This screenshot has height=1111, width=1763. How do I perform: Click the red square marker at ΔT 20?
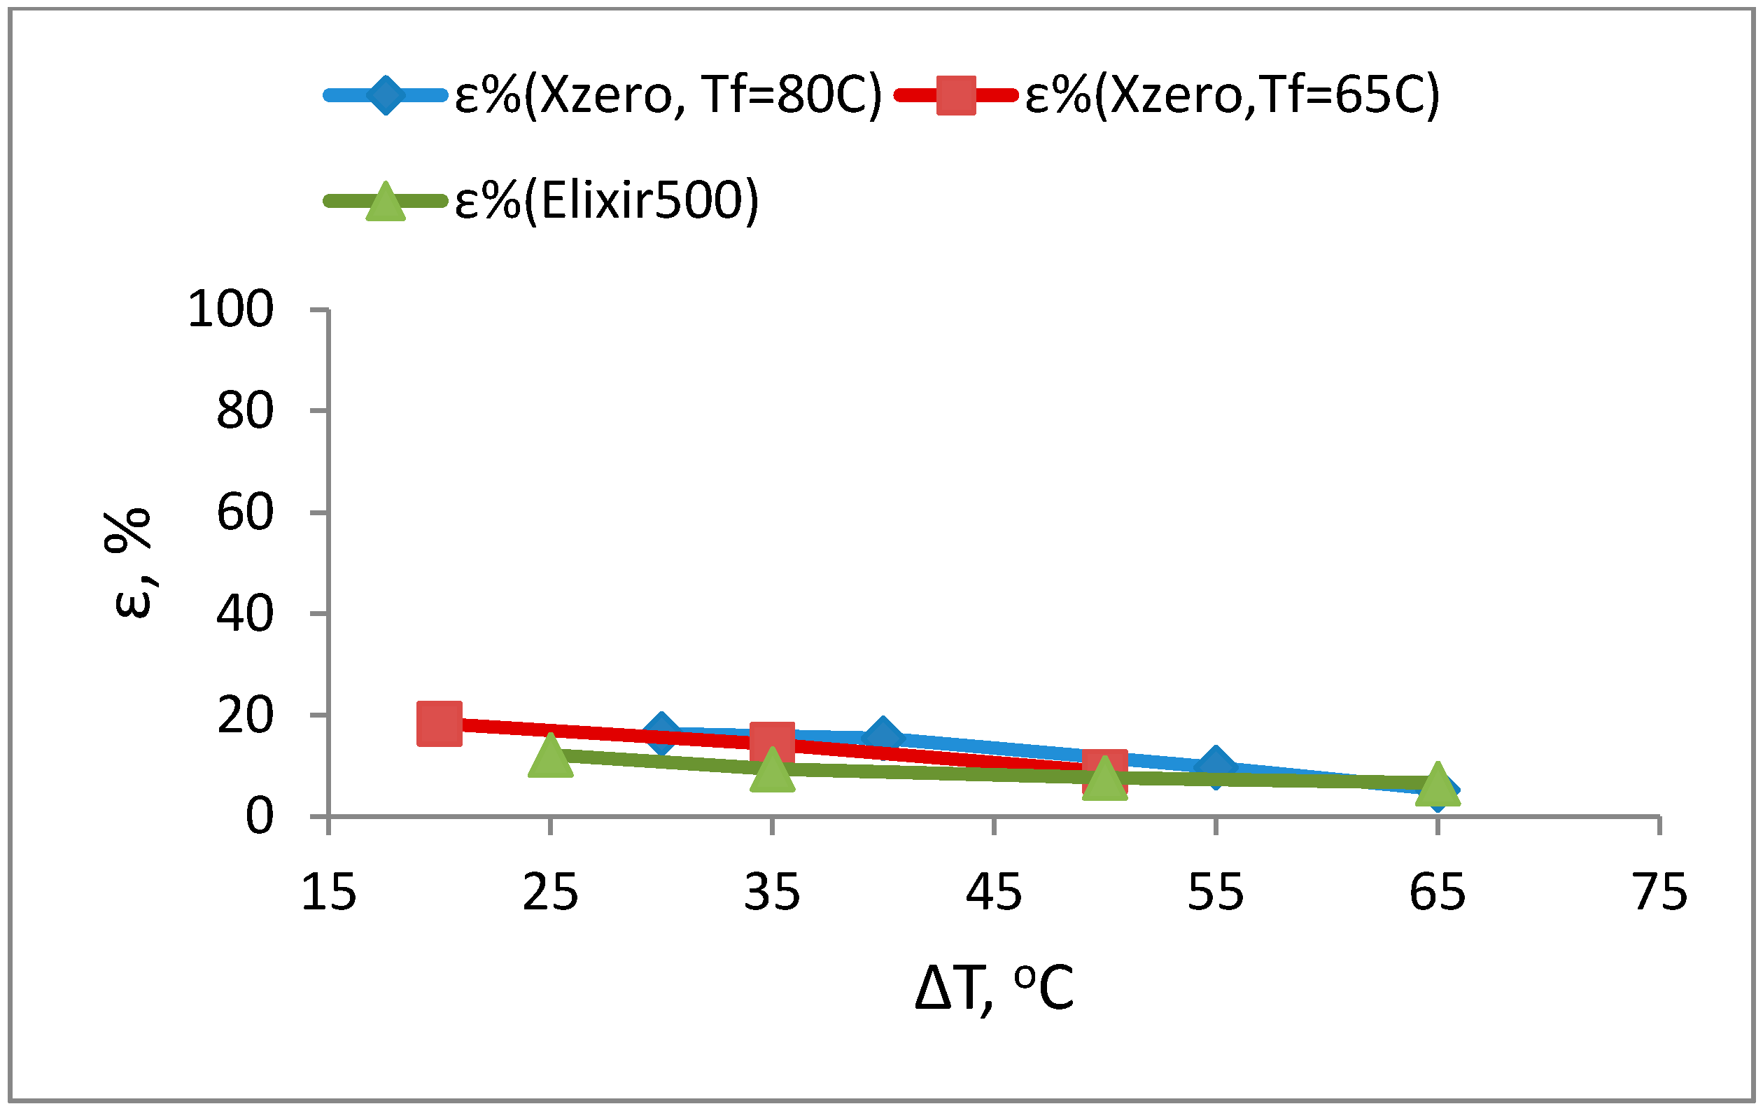click(x=440, y=723)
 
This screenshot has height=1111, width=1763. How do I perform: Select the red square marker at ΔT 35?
click(x=772, y=741)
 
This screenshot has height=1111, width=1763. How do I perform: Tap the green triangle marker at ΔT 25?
click(x=550, y=755)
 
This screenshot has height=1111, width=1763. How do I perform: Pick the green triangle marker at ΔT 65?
click(x=1437, y=783)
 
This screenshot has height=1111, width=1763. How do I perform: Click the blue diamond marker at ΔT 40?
click(x=883, y=735)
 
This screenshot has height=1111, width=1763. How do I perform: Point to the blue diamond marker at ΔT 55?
click(x=1216, y=766)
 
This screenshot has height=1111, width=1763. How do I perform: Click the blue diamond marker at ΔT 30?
click(x=661, y=731)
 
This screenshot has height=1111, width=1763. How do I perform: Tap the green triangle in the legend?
click(x=385, y=201)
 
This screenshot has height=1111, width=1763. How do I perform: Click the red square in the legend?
click(x=955, y=95)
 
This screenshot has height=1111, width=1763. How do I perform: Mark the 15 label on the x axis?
click(x=328, y=892)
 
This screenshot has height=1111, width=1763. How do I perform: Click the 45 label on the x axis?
click(x=994, y=892)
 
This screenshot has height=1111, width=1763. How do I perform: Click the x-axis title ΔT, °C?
click(x=994, y=988)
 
